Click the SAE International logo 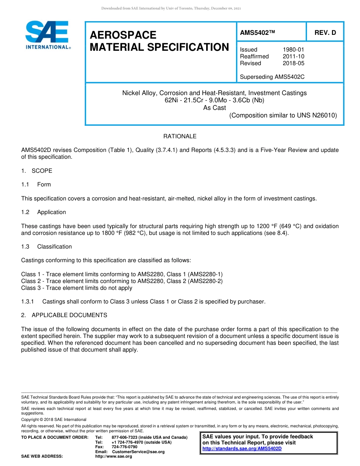pos(47,35)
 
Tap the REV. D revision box pos(325,33)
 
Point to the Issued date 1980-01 pos(293,50)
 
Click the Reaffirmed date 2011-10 pos(293,56)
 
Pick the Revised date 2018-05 pos(293,63)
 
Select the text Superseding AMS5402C pos(272,77)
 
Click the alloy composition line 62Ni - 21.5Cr pos(214,100)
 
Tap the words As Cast pos(214,108)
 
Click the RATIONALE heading pos(180,136)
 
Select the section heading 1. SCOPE pos(37,171)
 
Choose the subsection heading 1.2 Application pos(44,212)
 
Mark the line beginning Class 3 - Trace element pos(77,288)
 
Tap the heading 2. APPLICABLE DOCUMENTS pos(64,315)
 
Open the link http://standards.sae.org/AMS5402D pos(242,449)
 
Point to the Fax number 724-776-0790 pos(124,447)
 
